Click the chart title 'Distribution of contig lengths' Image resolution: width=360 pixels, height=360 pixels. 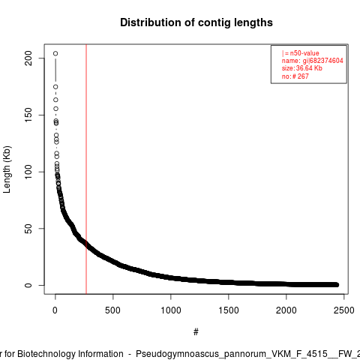click(x=196, y=22)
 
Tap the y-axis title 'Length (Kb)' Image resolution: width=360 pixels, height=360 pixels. click(x=7, y=169)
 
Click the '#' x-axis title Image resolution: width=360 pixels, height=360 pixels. click(x=196, y=332)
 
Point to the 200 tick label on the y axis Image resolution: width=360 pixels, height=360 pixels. click(x=28, y=58)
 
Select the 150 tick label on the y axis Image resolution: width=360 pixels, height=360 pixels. click(x=28, y=115)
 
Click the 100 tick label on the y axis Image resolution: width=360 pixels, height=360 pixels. click(x=28, y=172)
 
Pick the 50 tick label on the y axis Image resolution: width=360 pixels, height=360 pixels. click(x=28, y=229)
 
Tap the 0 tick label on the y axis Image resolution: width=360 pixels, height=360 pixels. click(x=28, y=285)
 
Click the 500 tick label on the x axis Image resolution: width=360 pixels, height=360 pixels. click(x=112, y=310)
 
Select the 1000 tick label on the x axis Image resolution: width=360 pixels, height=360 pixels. click(x=171, y=310)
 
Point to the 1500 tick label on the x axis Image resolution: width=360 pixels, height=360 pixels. click(x=229, y=310)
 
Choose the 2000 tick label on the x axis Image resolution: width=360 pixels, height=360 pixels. click(x=286, y=310)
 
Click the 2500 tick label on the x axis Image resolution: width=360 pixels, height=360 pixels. click(x=344, y=310)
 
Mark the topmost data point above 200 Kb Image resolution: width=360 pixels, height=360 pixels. click(x=55, y=53)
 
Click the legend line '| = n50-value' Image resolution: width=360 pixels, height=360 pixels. click(x=301, y=53)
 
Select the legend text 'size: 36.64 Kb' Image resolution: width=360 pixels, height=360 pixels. click(x=302, y=68)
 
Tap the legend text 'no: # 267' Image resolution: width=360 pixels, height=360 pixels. click(x=295, y=76)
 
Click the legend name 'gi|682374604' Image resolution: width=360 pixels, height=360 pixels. click(x=323, y=61)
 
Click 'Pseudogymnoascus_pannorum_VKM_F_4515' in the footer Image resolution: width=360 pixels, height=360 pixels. click(x=232, y=354)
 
